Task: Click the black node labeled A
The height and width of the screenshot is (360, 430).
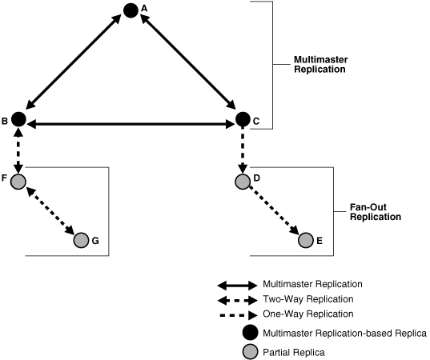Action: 131,10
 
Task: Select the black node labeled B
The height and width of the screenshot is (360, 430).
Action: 19,120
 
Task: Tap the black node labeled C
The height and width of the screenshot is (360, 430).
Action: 243,121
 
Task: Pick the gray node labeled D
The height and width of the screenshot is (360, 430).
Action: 243,181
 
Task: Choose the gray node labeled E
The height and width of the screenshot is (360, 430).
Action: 305,239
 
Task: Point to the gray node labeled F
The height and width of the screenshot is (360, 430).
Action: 19,181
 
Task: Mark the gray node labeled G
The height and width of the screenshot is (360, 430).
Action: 81,239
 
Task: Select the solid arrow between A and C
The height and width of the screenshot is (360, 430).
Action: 187,65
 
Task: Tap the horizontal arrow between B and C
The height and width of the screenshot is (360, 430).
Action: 131,123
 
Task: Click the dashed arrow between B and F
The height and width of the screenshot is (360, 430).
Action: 19,150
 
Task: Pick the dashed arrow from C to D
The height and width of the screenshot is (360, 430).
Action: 243,150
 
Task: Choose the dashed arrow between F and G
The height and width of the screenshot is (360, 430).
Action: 50,210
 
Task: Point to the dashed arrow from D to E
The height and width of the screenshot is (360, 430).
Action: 274,210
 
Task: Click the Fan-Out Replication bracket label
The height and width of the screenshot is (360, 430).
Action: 376,211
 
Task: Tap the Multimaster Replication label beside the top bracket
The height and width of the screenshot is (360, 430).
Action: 319,65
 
